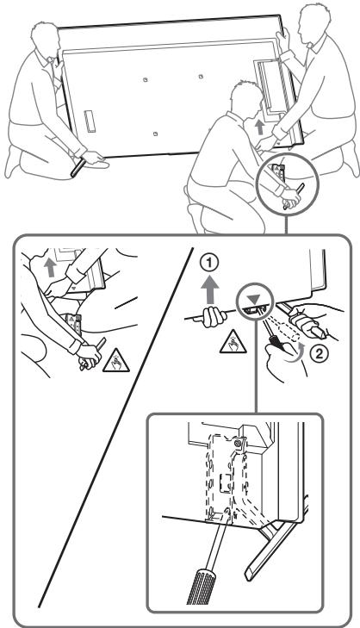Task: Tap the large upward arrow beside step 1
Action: (212, 291)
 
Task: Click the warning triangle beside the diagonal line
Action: (115, 361)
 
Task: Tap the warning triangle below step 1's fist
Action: (233, 343)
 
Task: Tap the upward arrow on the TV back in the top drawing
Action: (260, 128)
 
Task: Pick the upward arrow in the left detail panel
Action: (50, 268)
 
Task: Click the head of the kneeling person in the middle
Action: (246, 98)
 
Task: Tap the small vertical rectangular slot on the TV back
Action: (89, 121)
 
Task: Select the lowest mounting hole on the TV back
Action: (154, 134)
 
